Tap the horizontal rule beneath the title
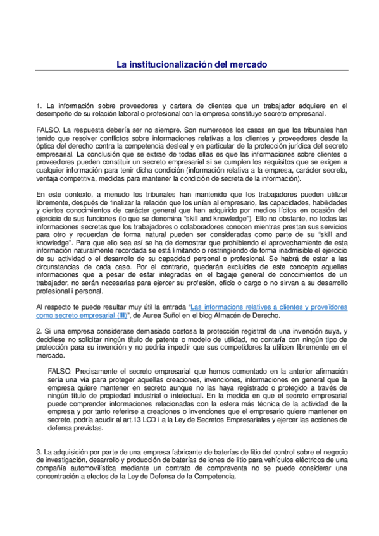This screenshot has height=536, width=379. pyautogui.click(x=189, y=70)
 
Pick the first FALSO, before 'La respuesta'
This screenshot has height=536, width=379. pyautogui.click(x=49, y=128)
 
